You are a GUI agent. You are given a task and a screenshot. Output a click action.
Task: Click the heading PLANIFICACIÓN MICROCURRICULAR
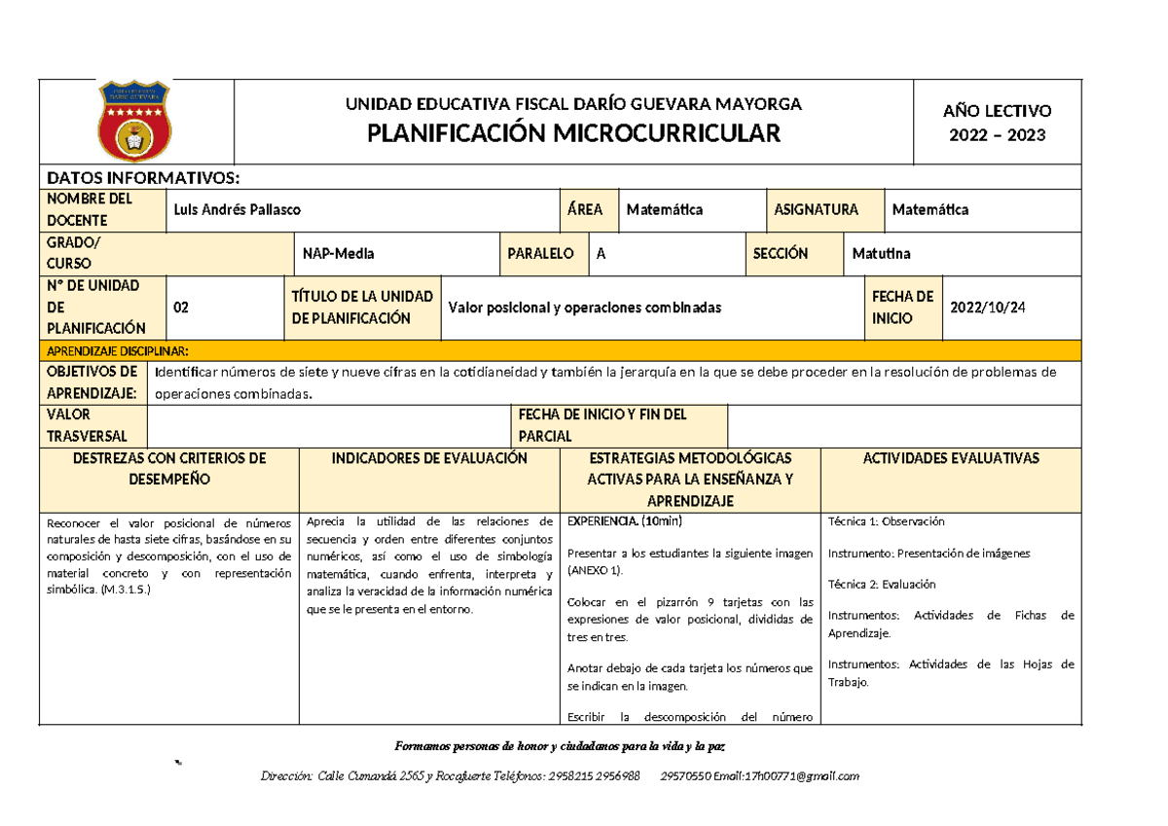573,134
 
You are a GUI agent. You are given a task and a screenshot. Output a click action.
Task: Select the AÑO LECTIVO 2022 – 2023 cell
997,124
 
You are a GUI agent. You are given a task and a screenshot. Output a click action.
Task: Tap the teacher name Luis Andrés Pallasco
237,210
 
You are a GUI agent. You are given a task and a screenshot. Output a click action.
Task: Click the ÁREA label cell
586,209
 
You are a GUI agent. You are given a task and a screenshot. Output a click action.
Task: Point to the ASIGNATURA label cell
816,209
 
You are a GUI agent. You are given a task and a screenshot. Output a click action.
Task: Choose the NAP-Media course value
339,254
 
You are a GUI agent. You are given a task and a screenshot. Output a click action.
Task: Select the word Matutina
881,254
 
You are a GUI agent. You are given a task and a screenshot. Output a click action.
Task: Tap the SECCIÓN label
781,254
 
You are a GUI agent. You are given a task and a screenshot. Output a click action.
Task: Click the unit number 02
181,307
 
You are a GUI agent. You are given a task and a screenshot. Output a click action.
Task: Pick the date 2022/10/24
988,307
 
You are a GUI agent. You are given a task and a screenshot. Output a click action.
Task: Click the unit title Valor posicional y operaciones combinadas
584,307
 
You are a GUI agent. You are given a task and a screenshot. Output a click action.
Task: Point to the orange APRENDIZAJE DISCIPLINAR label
118,350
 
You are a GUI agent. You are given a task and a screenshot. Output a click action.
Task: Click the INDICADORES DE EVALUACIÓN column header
429,458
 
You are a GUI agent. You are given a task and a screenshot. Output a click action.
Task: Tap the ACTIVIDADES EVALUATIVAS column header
951,458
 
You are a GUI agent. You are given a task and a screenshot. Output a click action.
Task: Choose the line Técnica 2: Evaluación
881,585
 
